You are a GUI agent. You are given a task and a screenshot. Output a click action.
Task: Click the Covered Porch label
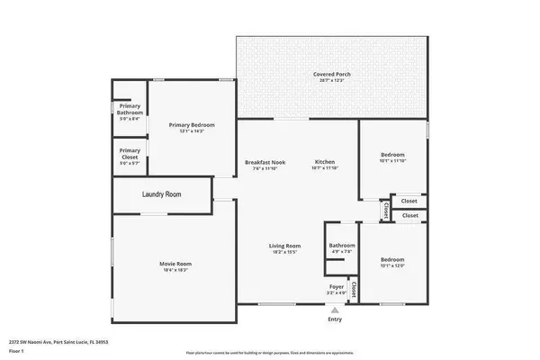(331, 74)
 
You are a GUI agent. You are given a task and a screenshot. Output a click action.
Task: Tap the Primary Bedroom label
(191, 125)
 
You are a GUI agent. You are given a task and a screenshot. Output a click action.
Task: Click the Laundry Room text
(162, 194)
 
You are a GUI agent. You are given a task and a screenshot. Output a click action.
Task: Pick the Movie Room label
(176, 264)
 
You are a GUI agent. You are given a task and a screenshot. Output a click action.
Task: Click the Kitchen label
(323, 162)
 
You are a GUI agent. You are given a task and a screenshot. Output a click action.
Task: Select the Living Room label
(284, 246)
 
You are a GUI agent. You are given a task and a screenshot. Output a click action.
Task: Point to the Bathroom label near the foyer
(341, 245)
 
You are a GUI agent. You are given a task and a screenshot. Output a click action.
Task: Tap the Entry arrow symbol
(335, 310)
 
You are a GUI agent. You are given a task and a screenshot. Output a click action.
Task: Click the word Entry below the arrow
(335, 319)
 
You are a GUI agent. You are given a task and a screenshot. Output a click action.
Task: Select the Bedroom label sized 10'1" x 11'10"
(391, 154)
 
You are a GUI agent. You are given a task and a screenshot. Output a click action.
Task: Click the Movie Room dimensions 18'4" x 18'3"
(176, 270)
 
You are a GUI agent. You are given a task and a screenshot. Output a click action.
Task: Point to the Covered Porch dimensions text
(331, 81)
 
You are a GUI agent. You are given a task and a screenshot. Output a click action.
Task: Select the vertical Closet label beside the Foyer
(354, 289)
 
